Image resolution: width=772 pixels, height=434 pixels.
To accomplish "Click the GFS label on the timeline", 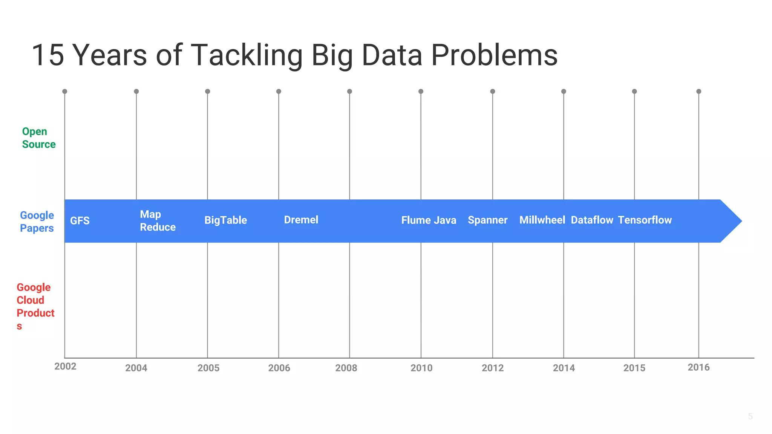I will pos(80,221).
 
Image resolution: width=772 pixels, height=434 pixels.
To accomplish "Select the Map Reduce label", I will pos(158,221).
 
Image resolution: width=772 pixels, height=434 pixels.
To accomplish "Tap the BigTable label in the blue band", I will pos(225,220).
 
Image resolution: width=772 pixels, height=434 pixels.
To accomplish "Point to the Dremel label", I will pos(301,220).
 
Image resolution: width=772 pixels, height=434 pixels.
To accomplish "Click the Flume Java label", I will pos(429,220).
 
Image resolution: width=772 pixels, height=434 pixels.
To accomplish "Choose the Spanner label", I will pos(487,220).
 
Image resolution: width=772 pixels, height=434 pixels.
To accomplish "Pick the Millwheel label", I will pos(542,220).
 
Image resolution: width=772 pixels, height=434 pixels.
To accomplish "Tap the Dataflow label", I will pos(592,220).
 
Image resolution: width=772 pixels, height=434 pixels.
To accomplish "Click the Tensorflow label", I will pos(645,220).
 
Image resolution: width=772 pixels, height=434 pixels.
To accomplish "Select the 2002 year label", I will pos(65,367).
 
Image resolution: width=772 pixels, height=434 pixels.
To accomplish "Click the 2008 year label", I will pos(346,368).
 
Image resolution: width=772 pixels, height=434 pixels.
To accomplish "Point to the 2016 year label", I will pos(698,367).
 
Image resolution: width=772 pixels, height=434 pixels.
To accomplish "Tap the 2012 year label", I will pos(492,368).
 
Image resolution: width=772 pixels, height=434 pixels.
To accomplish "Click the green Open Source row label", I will pos(38,138).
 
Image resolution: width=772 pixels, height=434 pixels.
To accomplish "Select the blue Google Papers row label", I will pos(37,222).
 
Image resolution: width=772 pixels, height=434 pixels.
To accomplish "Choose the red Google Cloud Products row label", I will pos(35,306).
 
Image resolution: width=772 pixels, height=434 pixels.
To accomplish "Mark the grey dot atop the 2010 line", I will pos(421,92).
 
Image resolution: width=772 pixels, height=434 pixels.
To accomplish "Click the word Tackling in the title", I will pos(247,55).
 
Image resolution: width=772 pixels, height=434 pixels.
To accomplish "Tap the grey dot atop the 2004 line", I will pos(136,92).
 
